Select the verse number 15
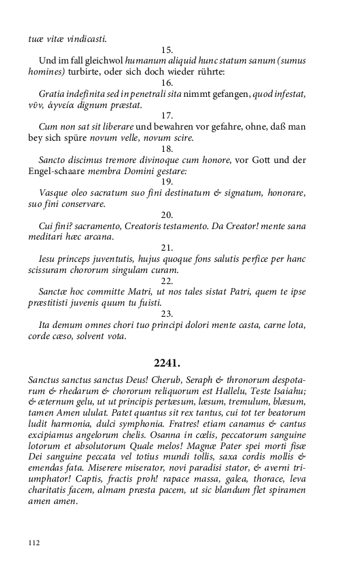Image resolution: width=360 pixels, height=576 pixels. (166, 50)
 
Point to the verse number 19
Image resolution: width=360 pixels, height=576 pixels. (166, 181)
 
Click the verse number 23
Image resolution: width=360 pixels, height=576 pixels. (166, 313)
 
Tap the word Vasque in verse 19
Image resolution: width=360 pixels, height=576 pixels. (54, 193)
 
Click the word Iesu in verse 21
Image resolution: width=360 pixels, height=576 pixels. (48, 259)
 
